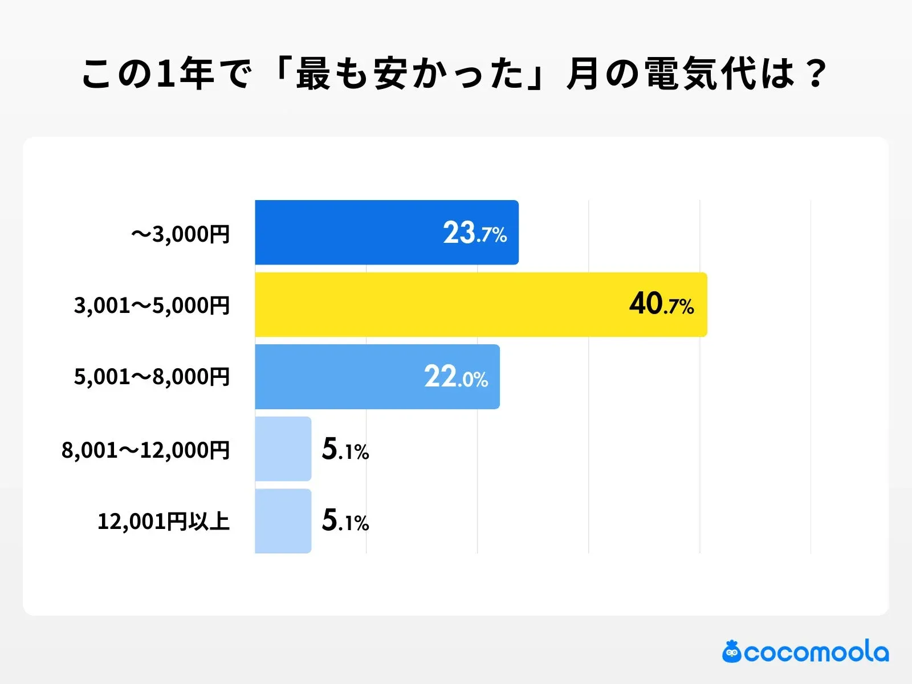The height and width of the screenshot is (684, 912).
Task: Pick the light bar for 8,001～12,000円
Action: (283, 449)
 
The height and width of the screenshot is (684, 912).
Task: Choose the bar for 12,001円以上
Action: (283, 521)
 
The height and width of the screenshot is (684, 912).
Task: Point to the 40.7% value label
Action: (661, 304)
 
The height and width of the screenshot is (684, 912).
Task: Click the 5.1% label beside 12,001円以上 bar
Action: (345, 521)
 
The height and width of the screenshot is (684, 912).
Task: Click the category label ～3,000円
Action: (180, 234)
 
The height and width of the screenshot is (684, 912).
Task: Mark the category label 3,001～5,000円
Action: (152, 306)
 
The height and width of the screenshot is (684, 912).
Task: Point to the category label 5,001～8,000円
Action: (152, 377)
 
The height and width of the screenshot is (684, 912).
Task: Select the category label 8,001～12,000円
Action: (145, 450)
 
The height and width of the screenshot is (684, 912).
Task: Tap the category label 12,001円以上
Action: (164, 521)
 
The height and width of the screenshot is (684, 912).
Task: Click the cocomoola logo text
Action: (816, 652)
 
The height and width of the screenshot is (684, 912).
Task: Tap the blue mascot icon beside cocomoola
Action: (731, 652)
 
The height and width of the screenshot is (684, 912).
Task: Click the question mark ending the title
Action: (816, 74)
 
